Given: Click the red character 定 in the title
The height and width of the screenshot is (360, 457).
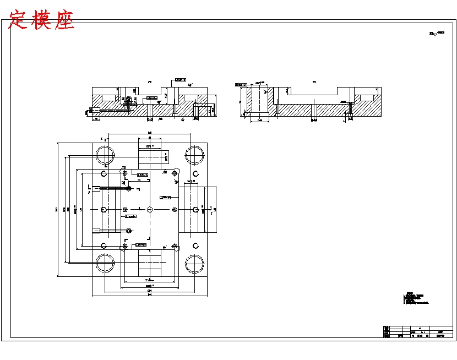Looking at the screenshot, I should [x=18, y=20].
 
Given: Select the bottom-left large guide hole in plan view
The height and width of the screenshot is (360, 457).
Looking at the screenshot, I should [x=105, y=264].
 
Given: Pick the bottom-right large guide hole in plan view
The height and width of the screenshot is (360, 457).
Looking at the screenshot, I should [x=194, y=264].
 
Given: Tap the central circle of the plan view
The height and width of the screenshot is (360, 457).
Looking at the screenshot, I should [x=150, y=209].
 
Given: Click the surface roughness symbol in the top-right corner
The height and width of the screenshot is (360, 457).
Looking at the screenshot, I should [x=436, y=34].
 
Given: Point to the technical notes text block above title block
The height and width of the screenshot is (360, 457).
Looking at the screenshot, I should [x=415, y=298].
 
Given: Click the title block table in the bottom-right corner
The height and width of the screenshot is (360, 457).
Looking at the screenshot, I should [x=418, y=332].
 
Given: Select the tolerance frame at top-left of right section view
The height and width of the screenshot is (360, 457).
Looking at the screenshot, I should [x=241, y=85].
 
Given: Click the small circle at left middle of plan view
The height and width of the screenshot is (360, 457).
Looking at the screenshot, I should [x=104, y=209].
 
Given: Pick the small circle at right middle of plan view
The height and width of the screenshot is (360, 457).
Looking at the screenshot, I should [x=195, y=209].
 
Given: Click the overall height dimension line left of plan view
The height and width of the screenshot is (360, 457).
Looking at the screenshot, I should [x=58, y=209].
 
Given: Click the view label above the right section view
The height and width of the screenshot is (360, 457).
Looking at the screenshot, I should [x=314, y=81].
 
